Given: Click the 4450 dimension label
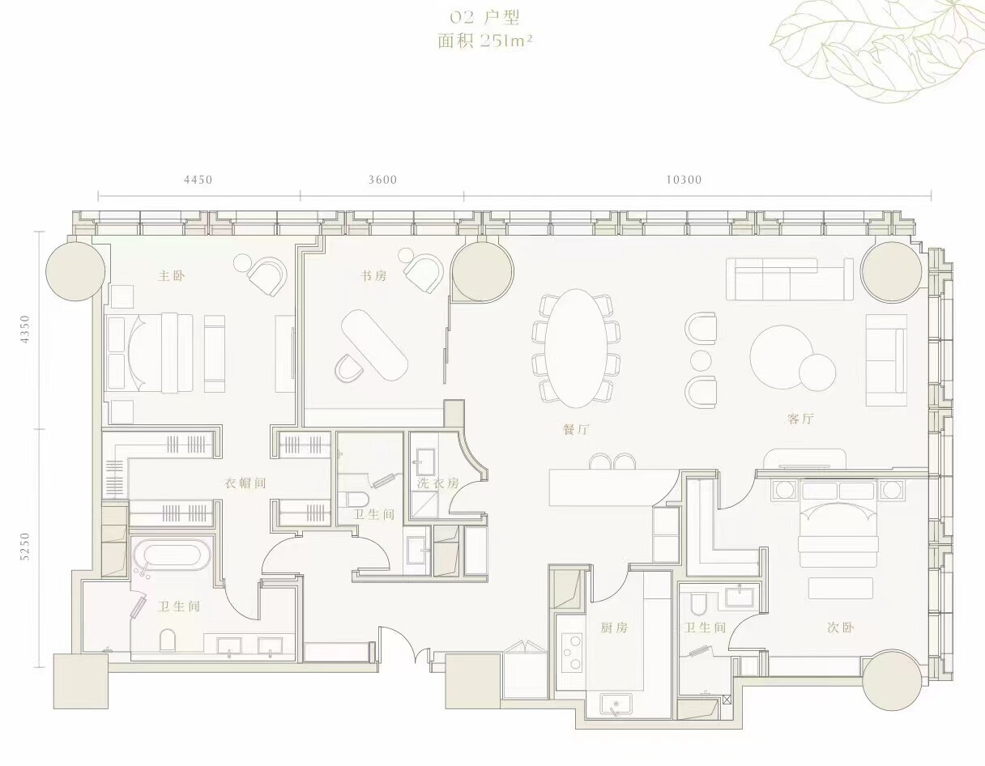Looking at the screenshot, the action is (198, 180).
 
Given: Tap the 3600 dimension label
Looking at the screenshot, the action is (382, 180).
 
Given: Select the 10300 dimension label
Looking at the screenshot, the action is (684, 180).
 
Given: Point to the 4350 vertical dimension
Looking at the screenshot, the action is (25, 330).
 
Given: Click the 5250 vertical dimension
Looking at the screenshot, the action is (25, 547).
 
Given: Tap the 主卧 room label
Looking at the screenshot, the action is (172, 276).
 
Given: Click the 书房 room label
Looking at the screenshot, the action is (374, 276).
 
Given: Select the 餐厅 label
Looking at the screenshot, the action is (576, 429).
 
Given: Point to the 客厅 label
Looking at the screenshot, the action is (800, 419).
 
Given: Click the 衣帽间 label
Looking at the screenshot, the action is (245, 483).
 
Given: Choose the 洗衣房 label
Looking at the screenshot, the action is (438, 483).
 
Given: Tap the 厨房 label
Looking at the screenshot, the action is (614, 628).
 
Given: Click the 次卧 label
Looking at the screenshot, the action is (840, 628).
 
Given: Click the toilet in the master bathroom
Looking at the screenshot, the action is (167, 640).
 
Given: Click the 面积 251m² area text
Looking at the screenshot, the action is (484, 41).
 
